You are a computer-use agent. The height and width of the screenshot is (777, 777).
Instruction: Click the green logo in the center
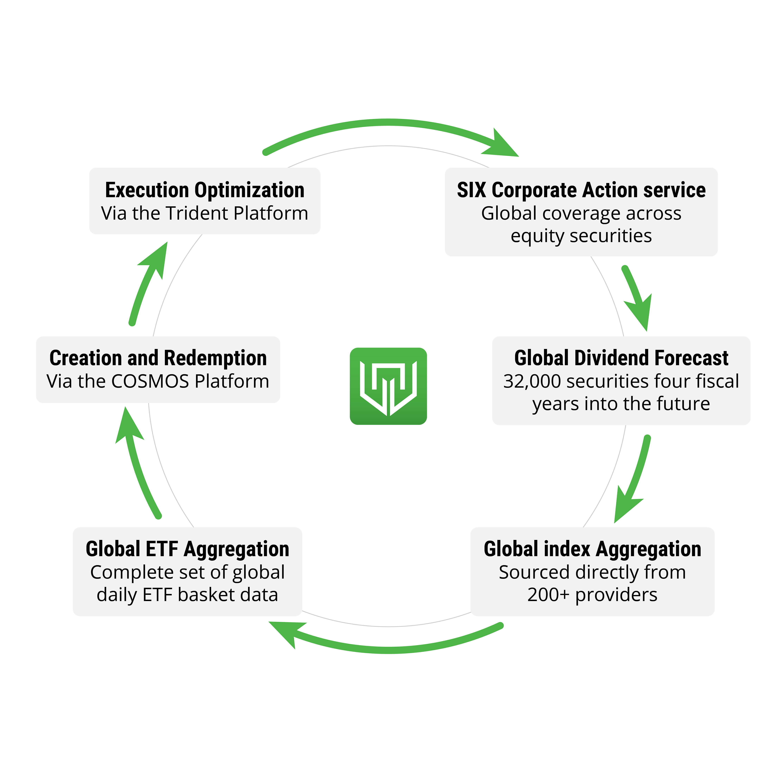388,386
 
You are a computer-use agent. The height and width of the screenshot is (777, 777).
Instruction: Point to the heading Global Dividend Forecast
621,358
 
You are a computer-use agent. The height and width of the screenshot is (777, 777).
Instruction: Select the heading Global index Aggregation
592,549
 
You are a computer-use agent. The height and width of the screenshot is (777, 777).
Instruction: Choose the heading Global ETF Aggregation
187,549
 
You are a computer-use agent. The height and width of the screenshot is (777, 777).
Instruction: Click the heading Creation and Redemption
158,358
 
